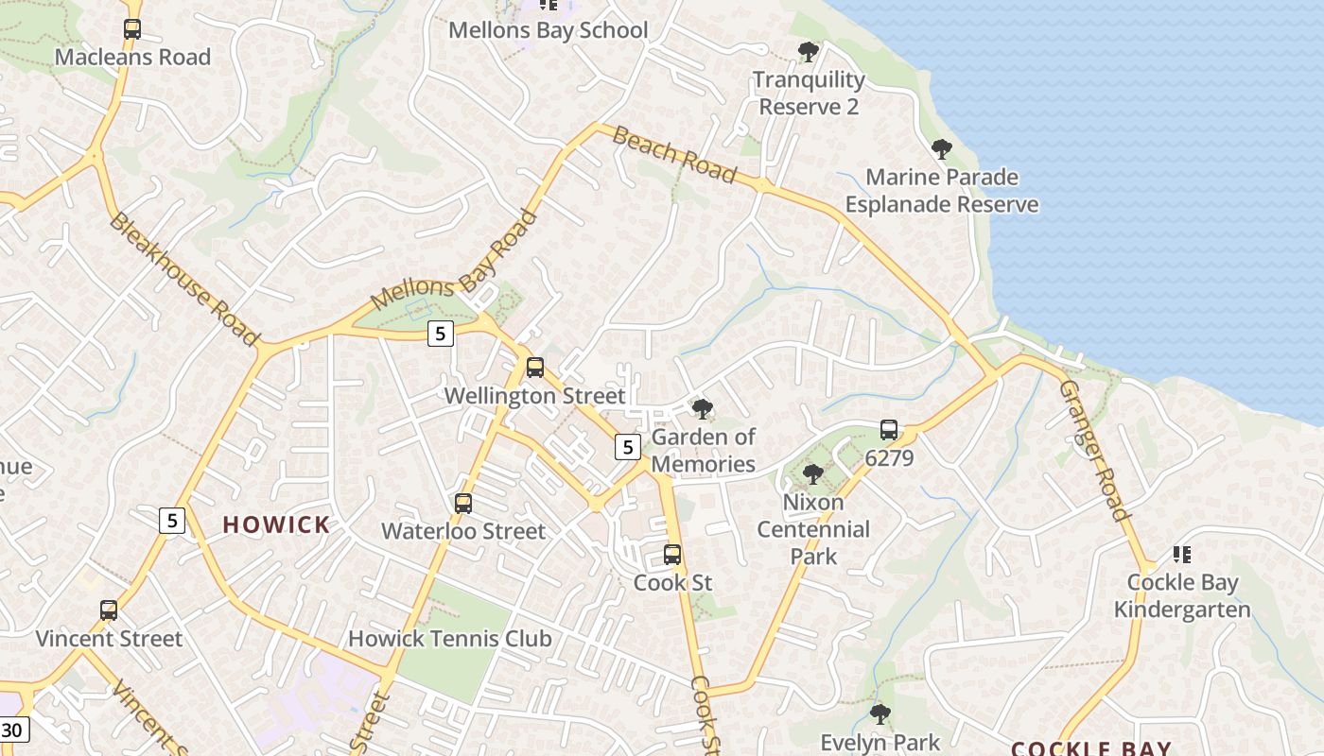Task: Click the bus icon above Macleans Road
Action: click(x=132, y=29)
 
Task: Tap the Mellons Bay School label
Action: click(x=548, y=30)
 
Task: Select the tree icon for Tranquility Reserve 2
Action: click(x=808, y=51)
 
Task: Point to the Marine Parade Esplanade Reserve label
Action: click(x=942, y=191)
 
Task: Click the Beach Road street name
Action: click(x=673, y=154)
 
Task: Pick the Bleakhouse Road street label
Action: click(x=183, y=279)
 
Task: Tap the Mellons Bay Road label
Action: click(x=455, y=260)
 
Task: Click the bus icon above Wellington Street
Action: click(x=535, y=368)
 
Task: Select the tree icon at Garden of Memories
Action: click(x=702, y=409)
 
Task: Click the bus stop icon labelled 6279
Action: click(x=889, y=430)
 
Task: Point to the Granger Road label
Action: click(x=1094, y=451)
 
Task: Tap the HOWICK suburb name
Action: click(x=276, y=525)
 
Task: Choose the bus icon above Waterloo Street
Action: click(x=463, y=504)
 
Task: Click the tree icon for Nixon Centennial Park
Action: click(x=812, y=473)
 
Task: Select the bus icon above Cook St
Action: click(x=672, y=555)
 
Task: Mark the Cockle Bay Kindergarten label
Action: click(x=1182, y=595)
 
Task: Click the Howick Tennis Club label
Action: click(x=449, y=639)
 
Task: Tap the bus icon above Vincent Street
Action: click(x=109, y=610)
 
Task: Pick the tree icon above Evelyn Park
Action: click(x=880, y=713)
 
